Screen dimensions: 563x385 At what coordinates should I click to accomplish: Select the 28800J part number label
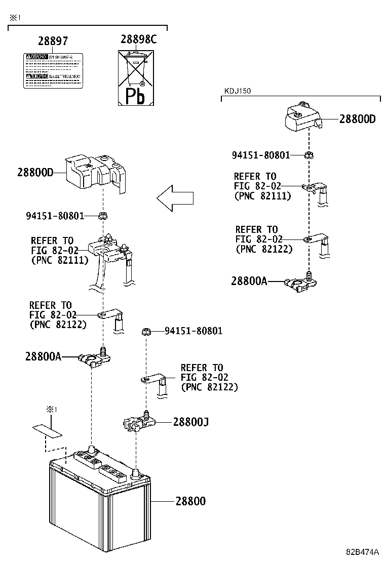tap(190, 421)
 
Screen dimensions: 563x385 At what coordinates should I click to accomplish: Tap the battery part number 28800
tap(190, 501)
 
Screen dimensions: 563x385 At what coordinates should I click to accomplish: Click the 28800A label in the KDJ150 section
tap(249, 281)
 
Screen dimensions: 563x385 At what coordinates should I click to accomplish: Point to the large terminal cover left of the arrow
tap(96, 173)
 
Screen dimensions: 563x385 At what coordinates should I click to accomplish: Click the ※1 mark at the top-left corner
tap(15, 18)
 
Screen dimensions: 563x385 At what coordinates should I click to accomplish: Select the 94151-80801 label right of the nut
tap(193, 331)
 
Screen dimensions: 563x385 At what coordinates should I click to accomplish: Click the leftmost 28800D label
tap(35, 172)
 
